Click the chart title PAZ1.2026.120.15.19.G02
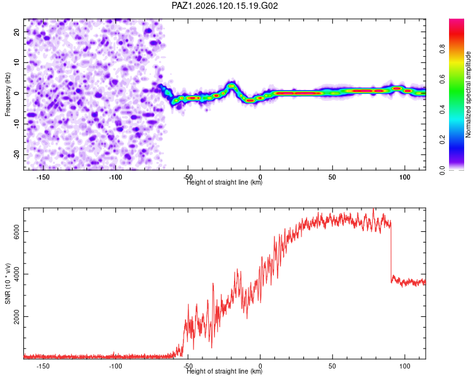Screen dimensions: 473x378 pos(225,6)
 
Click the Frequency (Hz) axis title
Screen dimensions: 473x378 pos(8,94)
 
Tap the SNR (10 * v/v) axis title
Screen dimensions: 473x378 pos(8,283)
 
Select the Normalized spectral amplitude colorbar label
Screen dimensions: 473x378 pos(468,94)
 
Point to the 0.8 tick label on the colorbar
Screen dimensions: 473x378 pos(442,49)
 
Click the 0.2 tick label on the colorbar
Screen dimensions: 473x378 pos(442,140)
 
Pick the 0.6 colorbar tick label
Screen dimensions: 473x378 pos(442,79)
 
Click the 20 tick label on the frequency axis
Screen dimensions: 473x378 pos(16,31)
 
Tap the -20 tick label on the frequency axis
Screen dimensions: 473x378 pos(16,155)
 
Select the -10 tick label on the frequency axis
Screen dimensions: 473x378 pos(16,124)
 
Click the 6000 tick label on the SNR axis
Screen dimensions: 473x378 pos(16,231)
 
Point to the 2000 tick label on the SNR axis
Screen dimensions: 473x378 pos(16,316)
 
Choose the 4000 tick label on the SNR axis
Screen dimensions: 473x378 pos(16,274)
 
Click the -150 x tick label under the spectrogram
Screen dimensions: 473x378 pos(43,177)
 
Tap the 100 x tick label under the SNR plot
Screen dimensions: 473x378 pos(404,366)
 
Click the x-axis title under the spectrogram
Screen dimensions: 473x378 pos(225,182)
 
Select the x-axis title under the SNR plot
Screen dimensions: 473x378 pos(225,371)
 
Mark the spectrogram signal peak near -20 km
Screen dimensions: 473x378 pos(231,86)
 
